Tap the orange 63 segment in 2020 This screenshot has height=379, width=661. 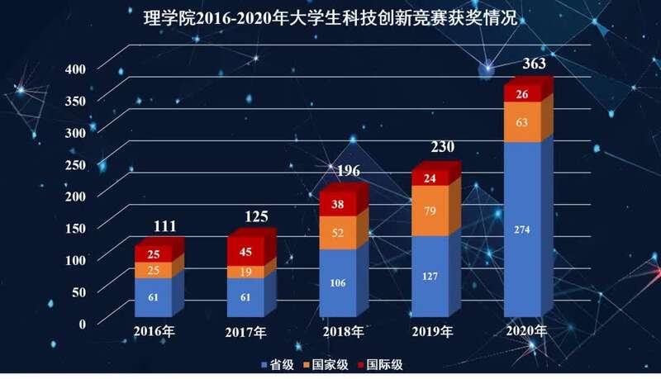tap(521, 122)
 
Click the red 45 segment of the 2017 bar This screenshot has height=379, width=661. tap(245, 252)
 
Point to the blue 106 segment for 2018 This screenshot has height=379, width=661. tap(337, 283)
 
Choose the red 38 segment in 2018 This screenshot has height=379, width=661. tap(337, 203)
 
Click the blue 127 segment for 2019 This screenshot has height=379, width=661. tap(429, 277)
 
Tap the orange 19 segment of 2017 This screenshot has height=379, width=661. tap(245, 272)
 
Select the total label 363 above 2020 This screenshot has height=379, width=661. tap(535, 64)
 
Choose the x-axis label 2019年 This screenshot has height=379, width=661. tap(433, 331)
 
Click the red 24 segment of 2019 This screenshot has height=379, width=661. tap(429, 178)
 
